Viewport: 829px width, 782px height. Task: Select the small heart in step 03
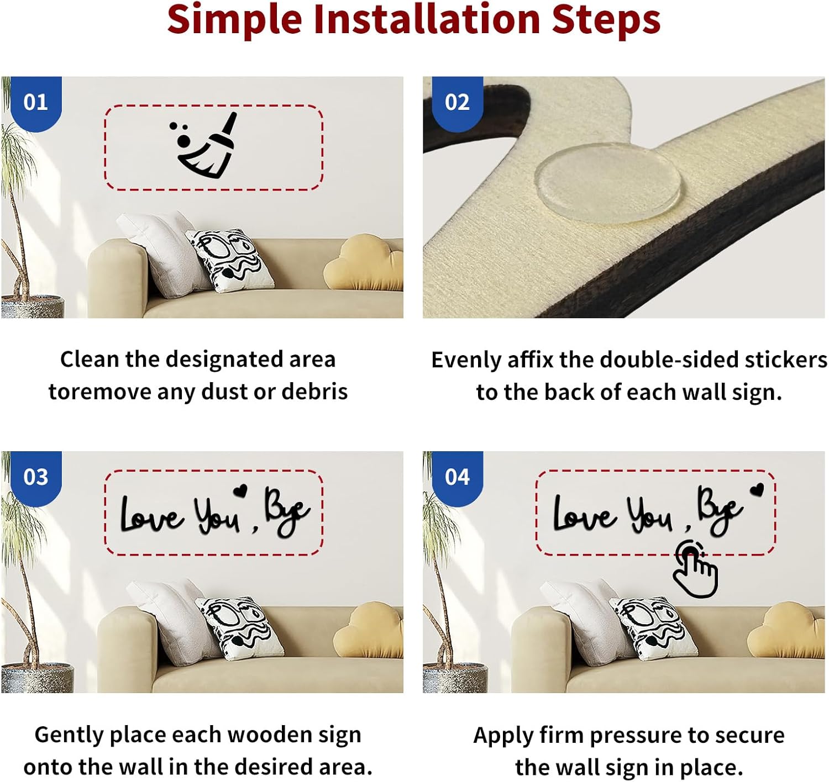(240, 490)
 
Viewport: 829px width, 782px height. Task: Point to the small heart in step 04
(758, 489)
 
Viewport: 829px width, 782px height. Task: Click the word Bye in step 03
(287, 512)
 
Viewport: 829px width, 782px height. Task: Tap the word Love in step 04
(584, 514)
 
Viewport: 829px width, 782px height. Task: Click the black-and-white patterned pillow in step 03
(240, 627)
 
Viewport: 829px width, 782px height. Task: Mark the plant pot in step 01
(33, 307)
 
